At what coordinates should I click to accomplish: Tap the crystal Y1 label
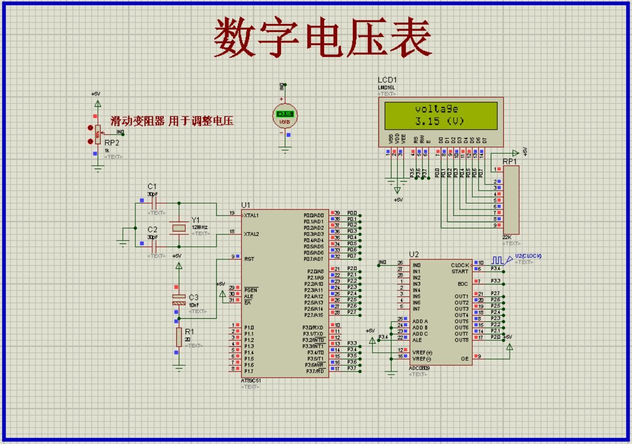pyautogui.click(x=195, y=220)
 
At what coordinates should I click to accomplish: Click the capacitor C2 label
pyautogui.click(x=152, y=229)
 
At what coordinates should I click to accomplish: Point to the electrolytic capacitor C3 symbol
pyautogui.click(x=179, y=300)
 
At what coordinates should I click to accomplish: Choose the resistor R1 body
pyautogui.click(x=179, y=337)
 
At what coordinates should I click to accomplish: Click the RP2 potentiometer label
pyautogui.click(x=112, y=143)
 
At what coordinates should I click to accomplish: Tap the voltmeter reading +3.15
pyautogui.click(x=284, y=114)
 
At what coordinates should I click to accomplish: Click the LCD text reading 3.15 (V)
pyautogui.click(x=439, y=121)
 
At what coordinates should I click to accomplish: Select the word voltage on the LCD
pyautogui.click(x=436, y=109)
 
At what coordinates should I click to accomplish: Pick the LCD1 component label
pyautogui.click(x=387, y=80)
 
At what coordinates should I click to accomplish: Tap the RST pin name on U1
pyautogui.click(x=249, y=259)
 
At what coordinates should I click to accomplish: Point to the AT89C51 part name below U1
pyautogui.click(x=251, y=380)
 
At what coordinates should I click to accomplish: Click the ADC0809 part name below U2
pyautogui.click(x=419, y=368)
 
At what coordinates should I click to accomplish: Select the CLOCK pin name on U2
pyautogui.click(x=459, y=265)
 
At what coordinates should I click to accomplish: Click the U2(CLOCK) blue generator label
pyautogui.click(x=528, y=256)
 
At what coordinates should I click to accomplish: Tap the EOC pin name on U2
pyautogui.click(x=463, y=284)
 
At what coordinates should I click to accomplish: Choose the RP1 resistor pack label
pyautogui.click(x=509, y=162)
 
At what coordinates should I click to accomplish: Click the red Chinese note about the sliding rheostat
pyautogui.click(x=172, y=121)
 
